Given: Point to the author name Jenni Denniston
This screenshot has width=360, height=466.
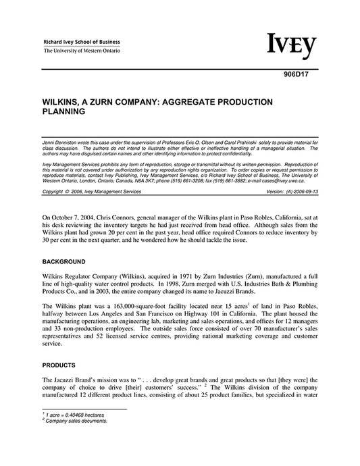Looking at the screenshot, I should (x=60, y=138).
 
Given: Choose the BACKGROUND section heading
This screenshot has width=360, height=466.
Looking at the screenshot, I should (x=64, y=261).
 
